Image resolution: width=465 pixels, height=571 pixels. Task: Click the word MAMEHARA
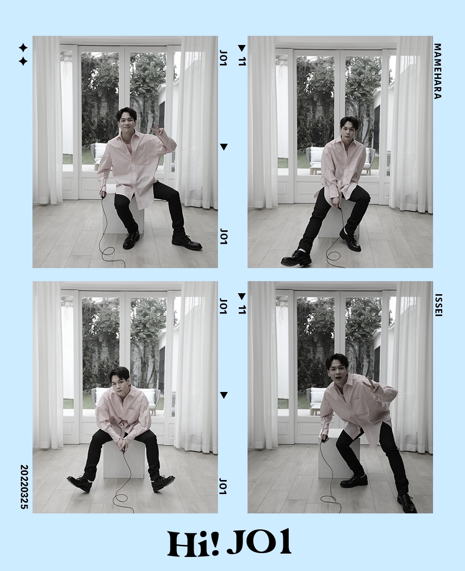coord(438,71)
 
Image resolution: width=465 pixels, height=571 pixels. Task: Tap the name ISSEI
coord(438,305)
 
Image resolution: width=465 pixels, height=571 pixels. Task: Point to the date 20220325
coord(24,486)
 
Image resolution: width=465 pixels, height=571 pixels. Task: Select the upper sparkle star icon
coord(23,48)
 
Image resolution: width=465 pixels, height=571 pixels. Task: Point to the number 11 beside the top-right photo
coord(242,61)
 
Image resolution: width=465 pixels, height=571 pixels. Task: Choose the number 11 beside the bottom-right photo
coord(242,309)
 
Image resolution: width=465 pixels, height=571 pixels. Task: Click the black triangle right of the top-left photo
coord(224,147)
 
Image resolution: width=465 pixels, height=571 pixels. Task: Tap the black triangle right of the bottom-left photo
coord(224,395)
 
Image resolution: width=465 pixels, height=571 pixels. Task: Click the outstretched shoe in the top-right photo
coord(296,258)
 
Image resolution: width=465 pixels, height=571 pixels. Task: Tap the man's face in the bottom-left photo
coord(119,381)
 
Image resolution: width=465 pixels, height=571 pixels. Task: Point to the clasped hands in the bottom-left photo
coord(123,443)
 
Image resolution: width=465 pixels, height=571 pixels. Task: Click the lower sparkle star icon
coord(23,61)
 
